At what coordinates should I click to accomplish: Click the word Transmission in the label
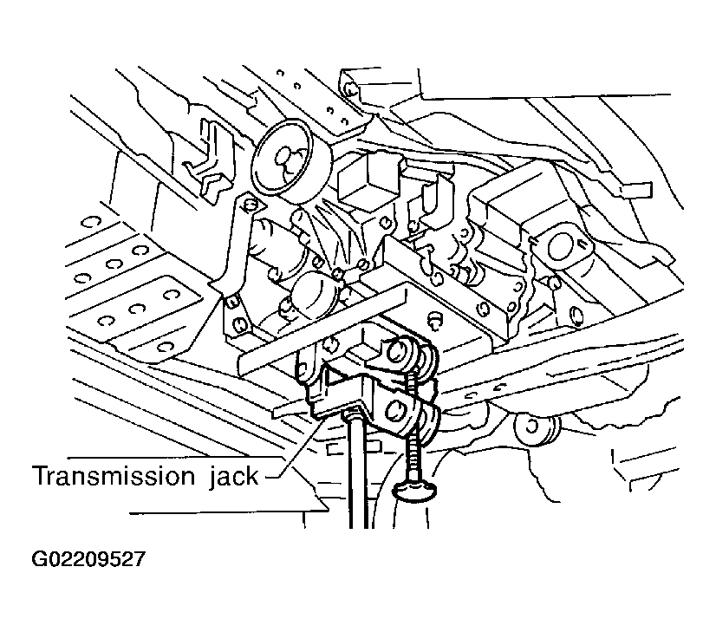pyautogui.click(x=114, y=476)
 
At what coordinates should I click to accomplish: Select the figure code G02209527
pyautogui.click(x=88, y=559)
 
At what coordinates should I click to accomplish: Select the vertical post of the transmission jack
pyautogui.click(x=359, y=471)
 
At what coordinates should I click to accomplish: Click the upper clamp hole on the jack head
pyautogui.click(x=397, y=351)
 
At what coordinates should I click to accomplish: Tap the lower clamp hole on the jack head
pyautogui.click(x=395, y=411)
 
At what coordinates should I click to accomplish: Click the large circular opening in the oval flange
pyautogui.click(x=561, y=247)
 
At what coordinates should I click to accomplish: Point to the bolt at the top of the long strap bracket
pyautogui.click(x=250, y=204)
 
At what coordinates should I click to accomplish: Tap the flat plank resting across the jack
pyautogui.click(x=322, y=329)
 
